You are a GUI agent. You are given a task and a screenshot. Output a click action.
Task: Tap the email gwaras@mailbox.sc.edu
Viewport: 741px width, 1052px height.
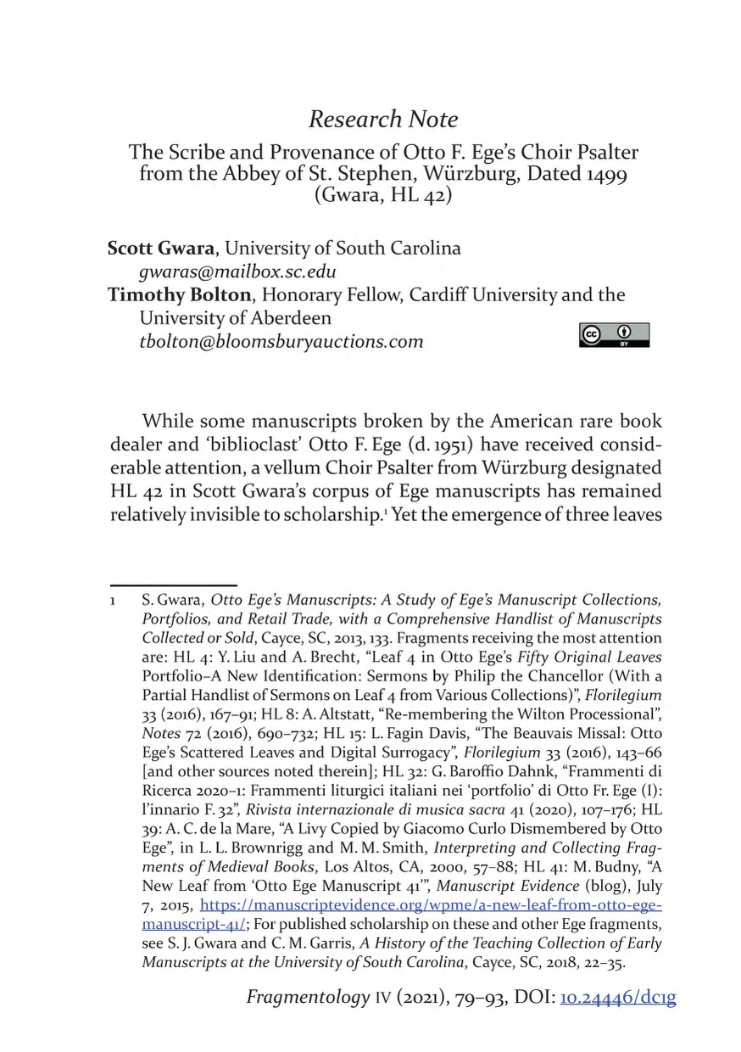237,271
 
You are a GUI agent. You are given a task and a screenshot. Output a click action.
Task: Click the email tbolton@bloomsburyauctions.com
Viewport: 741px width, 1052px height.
281,341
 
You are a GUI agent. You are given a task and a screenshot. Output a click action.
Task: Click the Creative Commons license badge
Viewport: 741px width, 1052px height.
614,334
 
